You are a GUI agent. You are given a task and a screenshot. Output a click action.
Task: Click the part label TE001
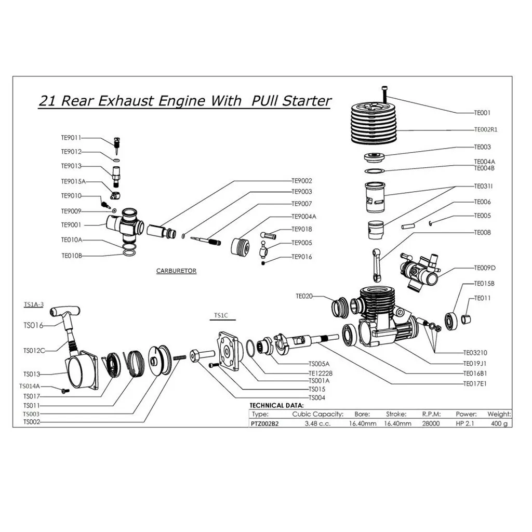tap(482, 113)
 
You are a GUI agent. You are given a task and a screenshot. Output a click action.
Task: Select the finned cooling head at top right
tap(374, 124)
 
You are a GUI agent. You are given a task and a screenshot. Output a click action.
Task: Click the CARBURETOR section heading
tap(176, 271)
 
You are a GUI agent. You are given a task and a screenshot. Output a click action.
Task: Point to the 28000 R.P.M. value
tap(431, 423)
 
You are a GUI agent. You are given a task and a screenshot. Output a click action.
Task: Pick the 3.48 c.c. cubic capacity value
tap(317, 423)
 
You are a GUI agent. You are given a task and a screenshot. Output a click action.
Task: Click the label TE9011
tap(71, 138)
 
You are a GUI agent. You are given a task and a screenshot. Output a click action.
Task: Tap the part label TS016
tap(33, 326)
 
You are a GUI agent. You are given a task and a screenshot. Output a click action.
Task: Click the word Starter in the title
tap(307, 101)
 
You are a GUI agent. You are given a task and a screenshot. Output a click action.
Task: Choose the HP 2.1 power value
tap(465, 423)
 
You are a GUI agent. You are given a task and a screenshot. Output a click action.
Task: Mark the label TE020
tap(304, 296)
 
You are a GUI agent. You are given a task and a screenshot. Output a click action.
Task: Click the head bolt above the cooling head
tap(384, 95)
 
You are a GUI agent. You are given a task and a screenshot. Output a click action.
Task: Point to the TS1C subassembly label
tap(221, 315)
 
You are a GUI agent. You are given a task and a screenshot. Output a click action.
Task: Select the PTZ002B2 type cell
tap(264, 424)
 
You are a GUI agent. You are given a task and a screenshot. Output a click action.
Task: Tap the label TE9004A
tap(304, 217)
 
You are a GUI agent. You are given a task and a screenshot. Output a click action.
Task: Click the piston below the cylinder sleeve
tap(376, 230)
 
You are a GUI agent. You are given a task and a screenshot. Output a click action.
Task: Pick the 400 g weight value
tap(499, 423)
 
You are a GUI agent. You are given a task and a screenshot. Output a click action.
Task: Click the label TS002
tap(32, 422)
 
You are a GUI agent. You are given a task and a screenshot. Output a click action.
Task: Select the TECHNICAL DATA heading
tap(276, 405)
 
